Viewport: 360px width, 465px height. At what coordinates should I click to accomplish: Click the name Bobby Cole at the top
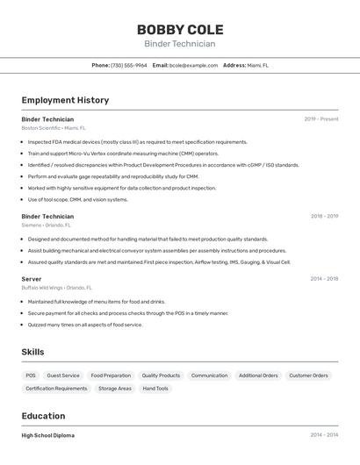180,30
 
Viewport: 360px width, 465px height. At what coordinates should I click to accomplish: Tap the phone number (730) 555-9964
129,65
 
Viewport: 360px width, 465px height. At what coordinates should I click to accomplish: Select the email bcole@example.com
193,65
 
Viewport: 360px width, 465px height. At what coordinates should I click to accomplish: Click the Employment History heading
65,101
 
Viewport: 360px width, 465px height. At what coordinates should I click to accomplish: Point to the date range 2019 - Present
321,119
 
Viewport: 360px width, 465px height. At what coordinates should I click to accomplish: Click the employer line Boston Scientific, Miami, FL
54,128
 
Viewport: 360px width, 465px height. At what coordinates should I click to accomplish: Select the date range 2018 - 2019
324,216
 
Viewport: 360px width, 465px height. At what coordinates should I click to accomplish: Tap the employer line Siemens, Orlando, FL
46,225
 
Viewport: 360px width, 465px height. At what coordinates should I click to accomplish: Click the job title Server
32,279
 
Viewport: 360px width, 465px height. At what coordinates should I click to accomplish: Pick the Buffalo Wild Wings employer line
56,288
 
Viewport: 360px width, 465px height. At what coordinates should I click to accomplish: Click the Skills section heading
32,353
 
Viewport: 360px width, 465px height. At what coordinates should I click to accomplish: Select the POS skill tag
31,376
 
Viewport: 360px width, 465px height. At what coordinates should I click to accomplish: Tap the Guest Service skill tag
63,376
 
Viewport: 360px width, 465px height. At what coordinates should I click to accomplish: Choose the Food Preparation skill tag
111,376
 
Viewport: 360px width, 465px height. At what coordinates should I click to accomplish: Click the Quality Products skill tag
161,376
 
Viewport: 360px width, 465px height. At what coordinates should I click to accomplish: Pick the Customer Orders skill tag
309,376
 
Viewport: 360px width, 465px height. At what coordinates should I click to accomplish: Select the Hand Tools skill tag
155,389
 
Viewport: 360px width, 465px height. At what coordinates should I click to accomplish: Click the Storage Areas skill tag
115,389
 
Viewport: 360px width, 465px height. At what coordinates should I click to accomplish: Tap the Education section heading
43,416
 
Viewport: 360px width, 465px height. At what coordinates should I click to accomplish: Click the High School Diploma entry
48,435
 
